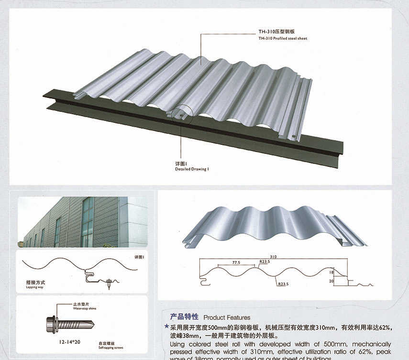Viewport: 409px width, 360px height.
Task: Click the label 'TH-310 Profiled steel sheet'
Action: click(x=282, y=38)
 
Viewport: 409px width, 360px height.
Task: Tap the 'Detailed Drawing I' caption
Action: click(x=192, y=169)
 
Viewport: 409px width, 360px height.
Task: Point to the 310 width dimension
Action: click(x=273, y=256)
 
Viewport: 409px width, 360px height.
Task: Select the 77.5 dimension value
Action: click(x=236, y=262)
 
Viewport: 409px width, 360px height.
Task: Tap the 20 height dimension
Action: click(x=330, y=282)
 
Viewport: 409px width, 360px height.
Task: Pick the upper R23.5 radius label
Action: click(x=265, y=262)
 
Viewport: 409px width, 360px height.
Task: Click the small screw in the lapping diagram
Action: click(x=110, y=283)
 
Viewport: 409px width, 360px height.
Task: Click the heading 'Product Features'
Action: click(x=226, y=317)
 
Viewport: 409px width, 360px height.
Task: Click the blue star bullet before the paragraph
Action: click(x=166, y=327)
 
